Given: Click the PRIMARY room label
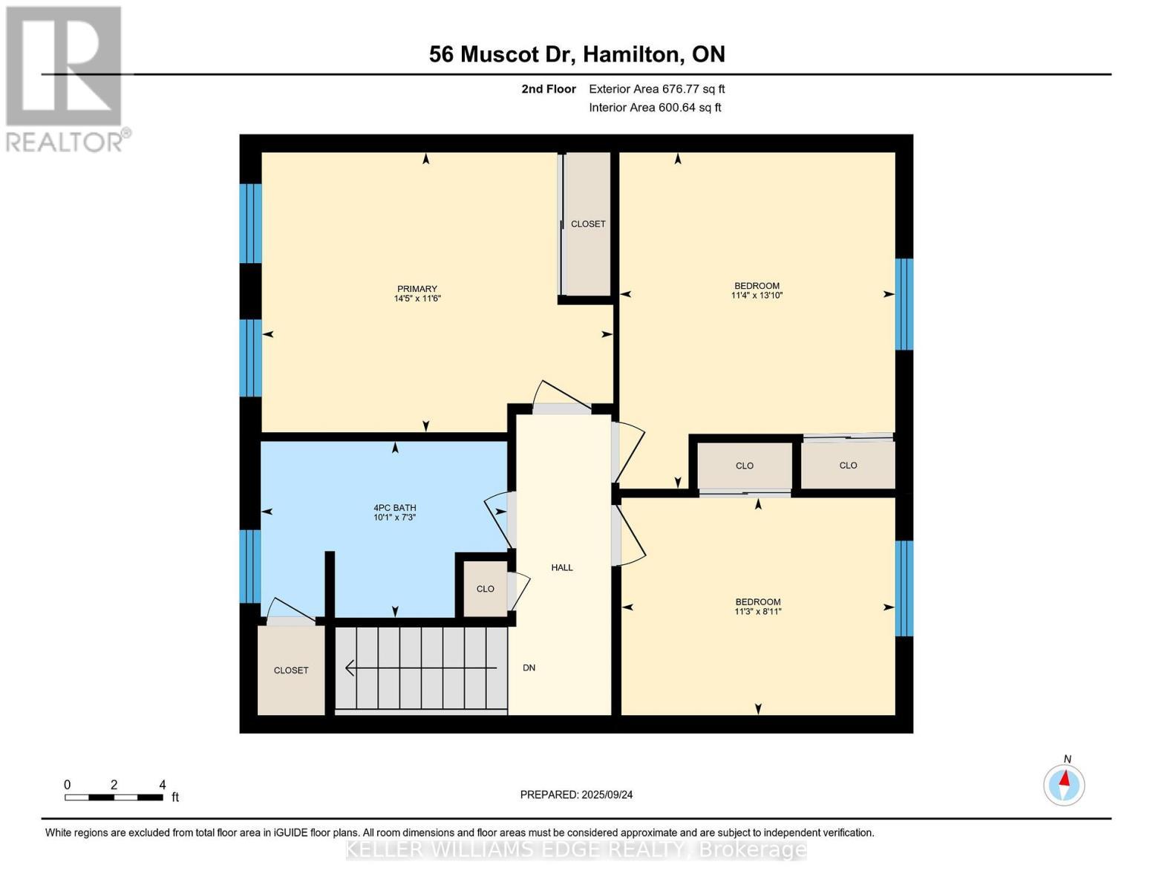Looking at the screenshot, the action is coord(417,289).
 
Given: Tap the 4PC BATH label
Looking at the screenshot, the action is coord(395,507).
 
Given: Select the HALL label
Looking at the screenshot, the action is coord(562,567).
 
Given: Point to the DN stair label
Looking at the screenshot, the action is coord(529,668).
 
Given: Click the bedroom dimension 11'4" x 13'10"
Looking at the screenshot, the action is coord(757,295).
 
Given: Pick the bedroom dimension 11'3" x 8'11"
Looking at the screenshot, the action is coord(758,611).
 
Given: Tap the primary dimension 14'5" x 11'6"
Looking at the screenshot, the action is coord(417,298).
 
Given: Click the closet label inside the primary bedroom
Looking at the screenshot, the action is coord(588,224).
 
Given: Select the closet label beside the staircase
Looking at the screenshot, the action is coord(291,670).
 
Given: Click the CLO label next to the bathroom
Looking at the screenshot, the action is coord(485,589).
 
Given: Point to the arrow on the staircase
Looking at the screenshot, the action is coord(421,668).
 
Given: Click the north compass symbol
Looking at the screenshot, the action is coord(1064,785).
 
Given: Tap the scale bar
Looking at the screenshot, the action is coord(114,797).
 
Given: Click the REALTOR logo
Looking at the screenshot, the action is coord(66,79).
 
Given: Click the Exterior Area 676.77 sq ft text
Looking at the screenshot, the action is coord(657,89).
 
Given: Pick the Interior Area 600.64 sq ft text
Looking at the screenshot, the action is coord(656,108).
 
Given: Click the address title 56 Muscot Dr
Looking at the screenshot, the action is coord(502,54).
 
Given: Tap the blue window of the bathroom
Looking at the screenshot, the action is coord(250,567).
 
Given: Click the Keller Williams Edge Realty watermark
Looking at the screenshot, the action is coord(576,849).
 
